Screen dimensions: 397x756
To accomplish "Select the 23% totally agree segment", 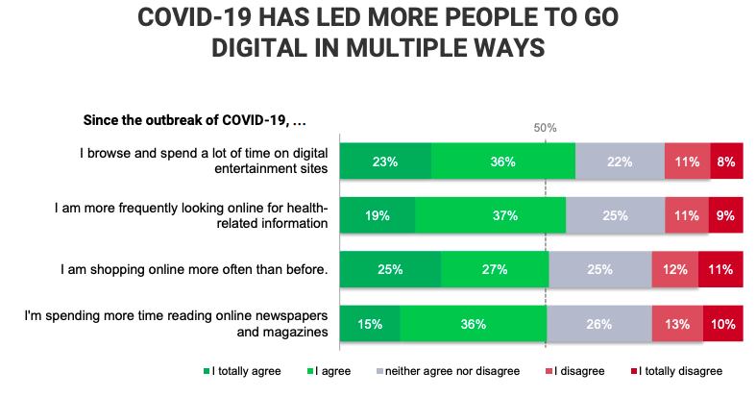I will [385, 161].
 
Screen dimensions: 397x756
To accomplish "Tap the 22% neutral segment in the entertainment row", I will [620, 161].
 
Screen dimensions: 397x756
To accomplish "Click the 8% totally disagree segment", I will [726, 161].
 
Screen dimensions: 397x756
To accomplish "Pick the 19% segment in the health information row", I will [378, 216].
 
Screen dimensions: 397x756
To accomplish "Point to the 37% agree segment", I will [490, 216].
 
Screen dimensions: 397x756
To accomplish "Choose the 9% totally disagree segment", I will [725, 216].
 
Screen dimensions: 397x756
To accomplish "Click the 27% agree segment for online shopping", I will [495, 270].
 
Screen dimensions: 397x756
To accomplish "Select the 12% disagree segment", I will [674, 270].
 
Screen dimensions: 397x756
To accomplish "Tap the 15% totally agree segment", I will [370, 324].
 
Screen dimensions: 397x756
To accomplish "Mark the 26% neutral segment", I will [598, 324].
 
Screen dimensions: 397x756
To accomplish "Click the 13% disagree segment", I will [676, 324].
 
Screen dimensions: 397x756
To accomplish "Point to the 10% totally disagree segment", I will [723, 324].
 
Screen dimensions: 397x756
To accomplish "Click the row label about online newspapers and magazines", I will [205, 324].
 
